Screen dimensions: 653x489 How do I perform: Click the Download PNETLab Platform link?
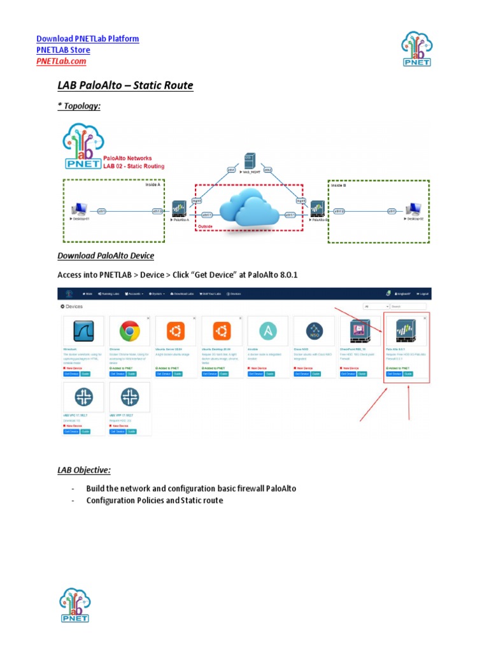coord(87,39)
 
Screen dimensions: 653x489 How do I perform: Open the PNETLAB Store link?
coord(63,50)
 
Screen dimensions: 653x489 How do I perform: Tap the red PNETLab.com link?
coord(61,61)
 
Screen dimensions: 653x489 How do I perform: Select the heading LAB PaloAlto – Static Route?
coord(125,85)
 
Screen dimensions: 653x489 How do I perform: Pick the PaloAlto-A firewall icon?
coord(179,209)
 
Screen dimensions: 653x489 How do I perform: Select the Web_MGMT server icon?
coord(249,161)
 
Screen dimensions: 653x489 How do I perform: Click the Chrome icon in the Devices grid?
coord(130,332)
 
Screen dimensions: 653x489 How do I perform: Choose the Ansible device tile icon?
coord(268,332)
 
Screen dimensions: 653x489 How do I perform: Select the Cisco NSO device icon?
coord(315,332)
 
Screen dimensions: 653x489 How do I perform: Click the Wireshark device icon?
coord(83,332)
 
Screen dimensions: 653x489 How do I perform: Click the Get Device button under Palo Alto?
coord(393,374)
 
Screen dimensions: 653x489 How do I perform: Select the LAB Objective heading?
coord(84,470)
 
